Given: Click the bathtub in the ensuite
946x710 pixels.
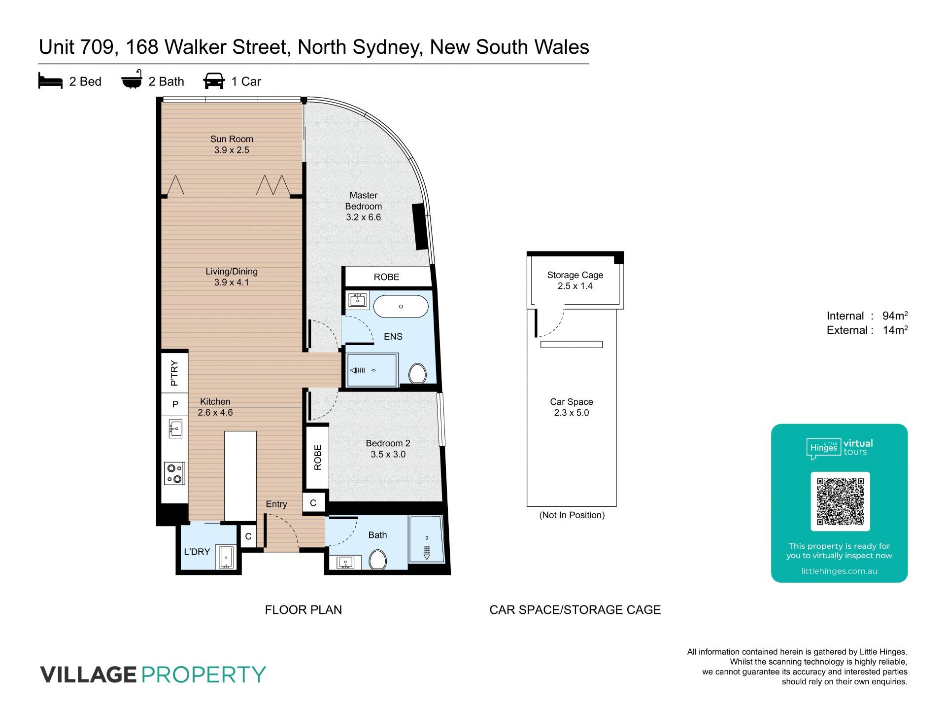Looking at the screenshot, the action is [401, 306].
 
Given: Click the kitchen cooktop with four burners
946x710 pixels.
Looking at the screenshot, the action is [175, 473].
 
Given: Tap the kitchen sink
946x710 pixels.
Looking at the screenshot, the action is [175, 428].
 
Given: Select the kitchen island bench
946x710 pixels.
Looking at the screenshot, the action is [240, 476].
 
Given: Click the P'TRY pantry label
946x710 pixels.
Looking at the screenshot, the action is [174, 373].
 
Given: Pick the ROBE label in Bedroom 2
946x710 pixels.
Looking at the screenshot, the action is [318, 457].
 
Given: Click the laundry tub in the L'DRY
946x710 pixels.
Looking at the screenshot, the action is [227, 558].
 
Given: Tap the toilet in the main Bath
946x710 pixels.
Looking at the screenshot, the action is [378, 560].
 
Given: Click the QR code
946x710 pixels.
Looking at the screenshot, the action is [841, 501].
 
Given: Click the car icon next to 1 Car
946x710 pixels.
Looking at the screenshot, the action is [214, 81].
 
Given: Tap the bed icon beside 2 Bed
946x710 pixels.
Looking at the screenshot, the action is [50, 81].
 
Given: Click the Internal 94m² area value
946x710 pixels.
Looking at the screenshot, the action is [895, 316].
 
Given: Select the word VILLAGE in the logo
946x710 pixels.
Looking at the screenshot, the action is [88, 674].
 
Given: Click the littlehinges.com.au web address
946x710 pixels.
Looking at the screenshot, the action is [840, 571].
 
